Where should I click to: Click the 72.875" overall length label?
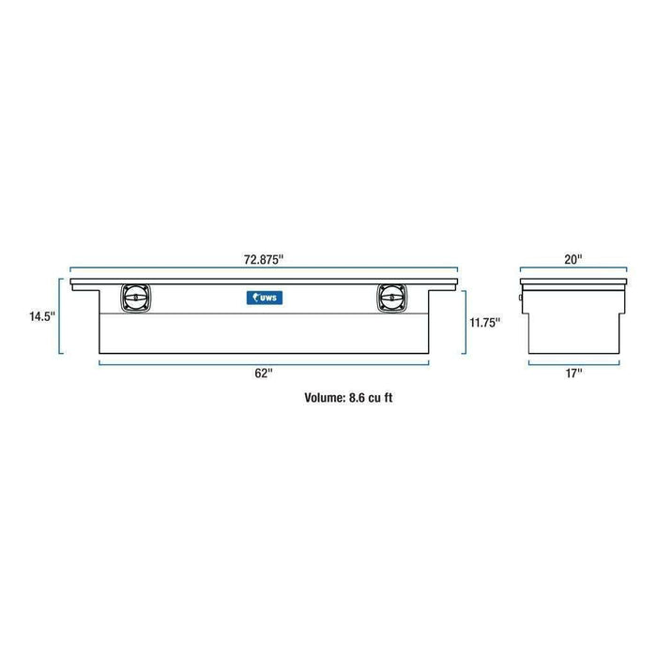pyautogui.click(x=264, y=256)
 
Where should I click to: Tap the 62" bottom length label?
pyautogui.click(x=265, y=374)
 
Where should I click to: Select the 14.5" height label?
pyautogui.click(x=42, y=316)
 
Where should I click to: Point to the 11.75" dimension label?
pyautogui.click(x=484, y=322)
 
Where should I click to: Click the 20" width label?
pyautogui.click(x=574, y=256)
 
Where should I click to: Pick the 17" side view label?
pyautogui.click(x=574, y=374)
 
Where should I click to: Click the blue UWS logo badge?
pyautogui.click(x=264, y=298)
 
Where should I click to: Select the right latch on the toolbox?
pyautogui.click(x=389, y=298)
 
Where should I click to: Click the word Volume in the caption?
pyautogui.click(x=325, y=397)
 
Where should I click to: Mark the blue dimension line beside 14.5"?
pyautogui.click(x=62, y=316)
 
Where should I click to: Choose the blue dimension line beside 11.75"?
pyautogui.click(x=465, y=322)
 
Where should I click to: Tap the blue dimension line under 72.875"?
pyautogui.click(x=264, y=270)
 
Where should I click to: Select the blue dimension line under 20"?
pyautogui.click(x=574, y=270)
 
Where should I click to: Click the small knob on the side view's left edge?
pyautogui.click(x=523, y=299)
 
